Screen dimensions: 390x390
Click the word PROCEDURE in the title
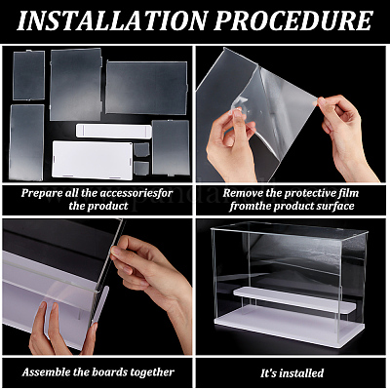click(x=292, y=20)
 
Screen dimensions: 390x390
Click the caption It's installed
click(x=292, y=372)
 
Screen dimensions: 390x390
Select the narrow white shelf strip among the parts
click(x=114, y=131)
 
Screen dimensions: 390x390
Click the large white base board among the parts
click(x=93, y=160)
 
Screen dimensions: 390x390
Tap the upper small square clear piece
click(x=141, y=149)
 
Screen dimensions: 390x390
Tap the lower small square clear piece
click(x=141, y=168)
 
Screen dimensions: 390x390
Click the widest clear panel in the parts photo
click(x=146, y=88)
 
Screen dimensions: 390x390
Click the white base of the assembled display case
click(x=289, y=327)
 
